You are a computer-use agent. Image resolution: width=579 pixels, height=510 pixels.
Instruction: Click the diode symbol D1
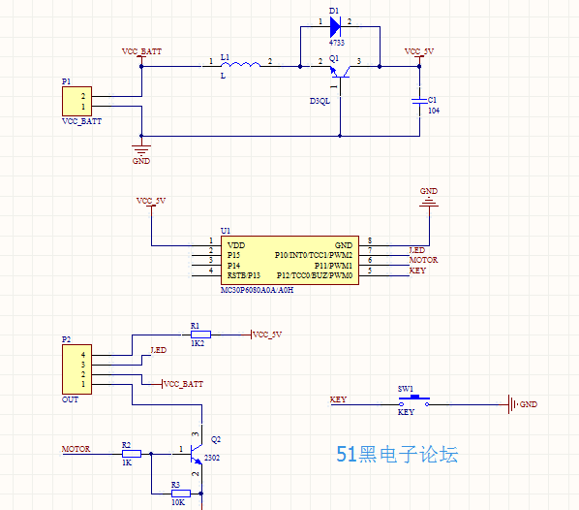click(335, 26)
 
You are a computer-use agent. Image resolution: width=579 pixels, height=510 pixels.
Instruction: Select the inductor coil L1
click(240, 65)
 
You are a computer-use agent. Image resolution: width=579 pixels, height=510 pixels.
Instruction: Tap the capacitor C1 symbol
click(419, 101)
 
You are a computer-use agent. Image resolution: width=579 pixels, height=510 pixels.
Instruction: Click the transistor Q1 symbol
click(340, 71)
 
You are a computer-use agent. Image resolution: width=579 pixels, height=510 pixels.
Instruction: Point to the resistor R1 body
click(200, 335)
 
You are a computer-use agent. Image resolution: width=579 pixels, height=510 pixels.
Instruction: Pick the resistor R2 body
click(132, 454)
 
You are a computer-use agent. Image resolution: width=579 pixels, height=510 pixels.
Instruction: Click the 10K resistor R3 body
click(181, 494)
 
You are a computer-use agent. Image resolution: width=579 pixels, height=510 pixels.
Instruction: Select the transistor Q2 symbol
click(197, 454)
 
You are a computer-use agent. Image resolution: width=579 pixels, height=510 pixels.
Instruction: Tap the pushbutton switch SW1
click(414, 400)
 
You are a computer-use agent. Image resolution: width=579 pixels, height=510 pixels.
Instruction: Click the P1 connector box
click(76, 102)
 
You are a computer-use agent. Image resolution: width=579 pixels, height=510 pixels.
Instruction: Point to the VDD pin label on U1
click(236, 245)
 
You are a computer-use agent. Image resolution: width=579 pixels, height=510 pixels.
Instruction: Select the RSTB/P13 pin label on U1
click(244, 275)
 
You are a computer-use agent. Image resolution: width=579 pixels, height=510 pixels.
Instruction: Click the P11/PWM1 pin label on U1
click(333, 266)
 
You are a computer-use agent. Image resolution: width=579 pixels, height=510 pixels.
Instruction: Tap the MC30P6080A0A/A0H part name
click(257, 290)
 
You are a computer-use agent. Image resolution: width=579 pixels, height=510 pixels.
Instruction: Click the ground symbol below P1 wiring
click(141, 149)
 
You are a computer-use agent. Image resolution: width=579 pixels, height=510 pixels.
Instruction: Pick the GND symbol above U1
click(429, 203)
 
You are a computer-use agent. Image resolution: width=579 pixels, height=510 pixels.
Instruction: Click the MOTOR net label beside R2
click(76, 449)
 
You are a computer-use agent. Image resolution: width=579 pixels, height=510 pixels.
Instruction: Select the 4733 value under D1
click(337, 43)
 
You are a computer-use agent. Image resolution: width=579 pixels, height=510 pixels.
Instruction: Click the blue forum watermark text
click(397, 454)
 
